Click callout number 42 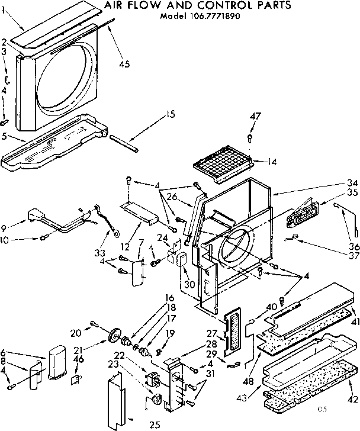click(354, 382)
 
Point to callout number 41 click(354, 321)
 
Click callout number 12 click(124, 230)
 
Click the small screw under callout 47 click(250, 140)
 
